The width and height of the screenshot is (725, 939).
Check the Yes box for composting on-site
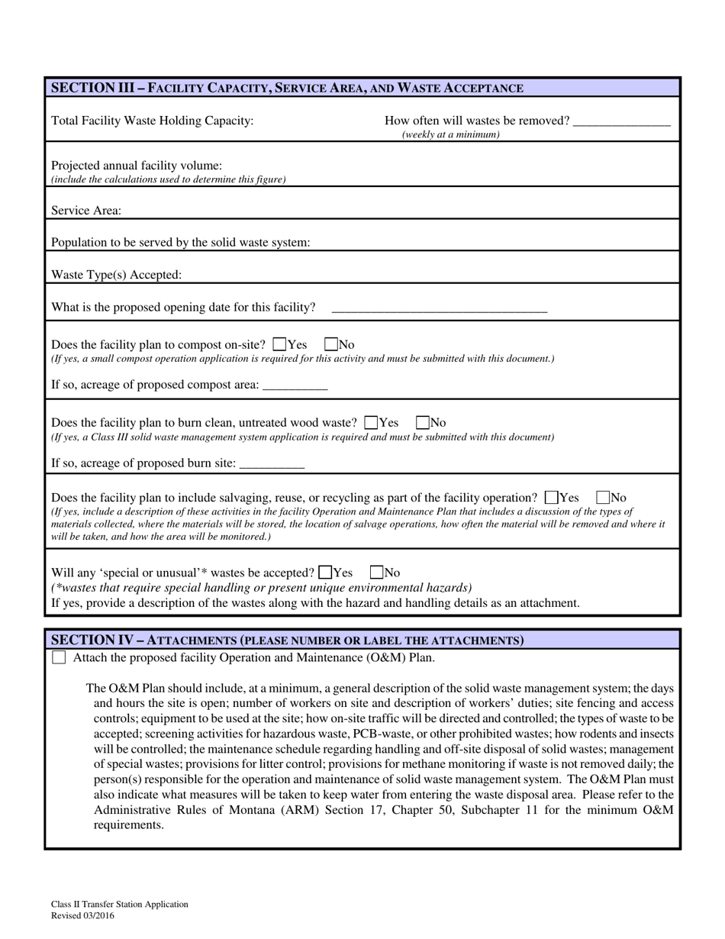tap(279, 344)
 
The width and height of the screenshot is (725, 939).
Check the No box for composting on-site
tap(331, 344)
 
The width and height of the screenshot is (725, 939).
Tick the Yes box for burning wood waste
tap(372, 422)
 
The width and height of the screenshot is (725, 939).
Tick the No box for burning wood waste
tap(423, 422)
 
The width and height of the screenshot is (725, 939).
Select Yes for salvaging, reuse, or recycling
tap(552, 497)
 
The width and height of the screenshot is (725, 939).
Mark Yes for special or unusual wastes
tap(325, 572)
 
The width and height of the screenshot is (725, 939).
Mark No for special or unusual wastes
tap(376, 572)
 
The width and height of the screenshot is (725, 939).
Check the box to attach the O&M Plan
tap(59, 657)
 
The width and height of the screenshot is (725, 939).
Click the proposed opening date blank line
tap(440, 308)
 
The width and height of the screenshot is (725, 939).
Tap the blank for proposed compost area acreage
tap(295, 386)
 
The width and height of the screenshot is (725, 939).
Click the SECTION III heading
tap(287, 88)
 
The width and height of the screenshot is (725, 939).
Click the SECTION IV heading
tap(287, 640)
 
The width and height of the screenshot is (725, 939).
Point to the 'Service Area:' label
tap(85, 210)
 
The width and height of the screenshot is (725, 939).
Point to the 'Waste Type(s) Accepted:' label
tap(117, 275)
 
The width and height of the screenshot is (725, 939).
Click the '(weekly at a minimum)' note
tap(450, 135)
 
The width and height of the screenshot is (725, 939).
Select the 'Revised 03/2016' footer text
tap(83, 915)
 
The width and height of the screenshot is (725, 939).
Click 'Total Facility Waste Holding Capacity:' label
tap(152, 121)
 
